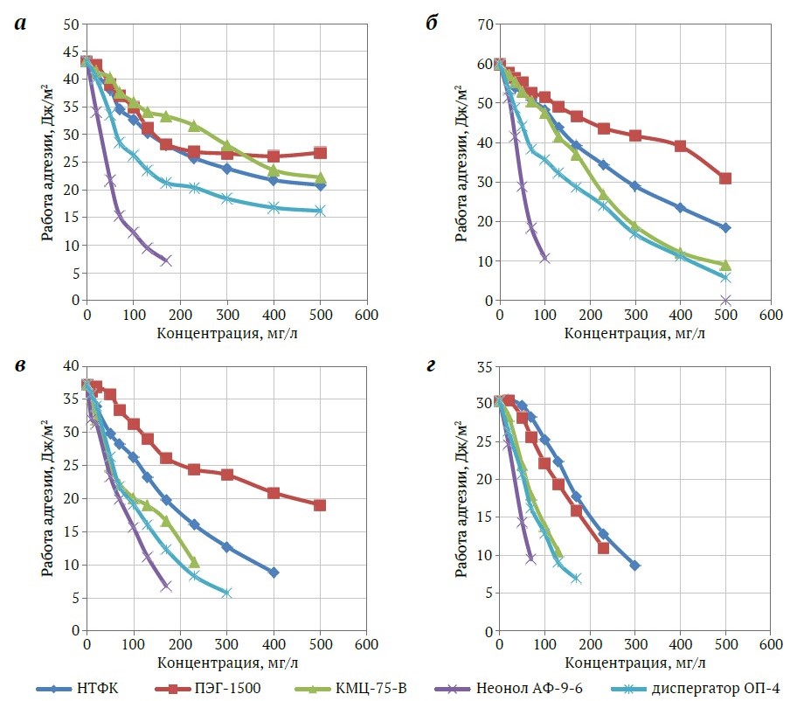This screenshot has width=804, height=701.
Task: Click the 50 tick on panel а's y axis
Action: coord(70,24)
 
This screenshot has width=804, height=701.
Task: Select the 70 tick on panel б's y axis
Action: coord(483,24)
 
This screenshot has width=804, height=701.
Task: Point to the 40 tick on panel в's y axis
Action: coord(70,365)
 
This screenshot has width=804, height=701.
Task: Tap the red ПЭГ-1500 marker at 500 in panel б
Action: coord(725,178)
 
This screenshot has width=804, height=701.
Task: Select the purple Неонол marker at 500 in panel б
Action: coord(725,300)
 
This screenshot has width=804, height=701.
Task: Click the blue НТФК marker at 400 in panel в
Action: coord(274,573)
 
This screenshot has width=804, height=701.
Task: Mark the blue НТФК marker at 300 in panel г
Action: coord(634,566)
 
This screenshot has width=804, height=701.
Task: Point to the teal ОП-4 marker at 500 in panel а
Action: coord(320,211)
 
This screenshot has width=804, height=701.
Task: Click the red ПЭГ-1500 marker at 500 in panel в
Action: coord(320,505)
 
